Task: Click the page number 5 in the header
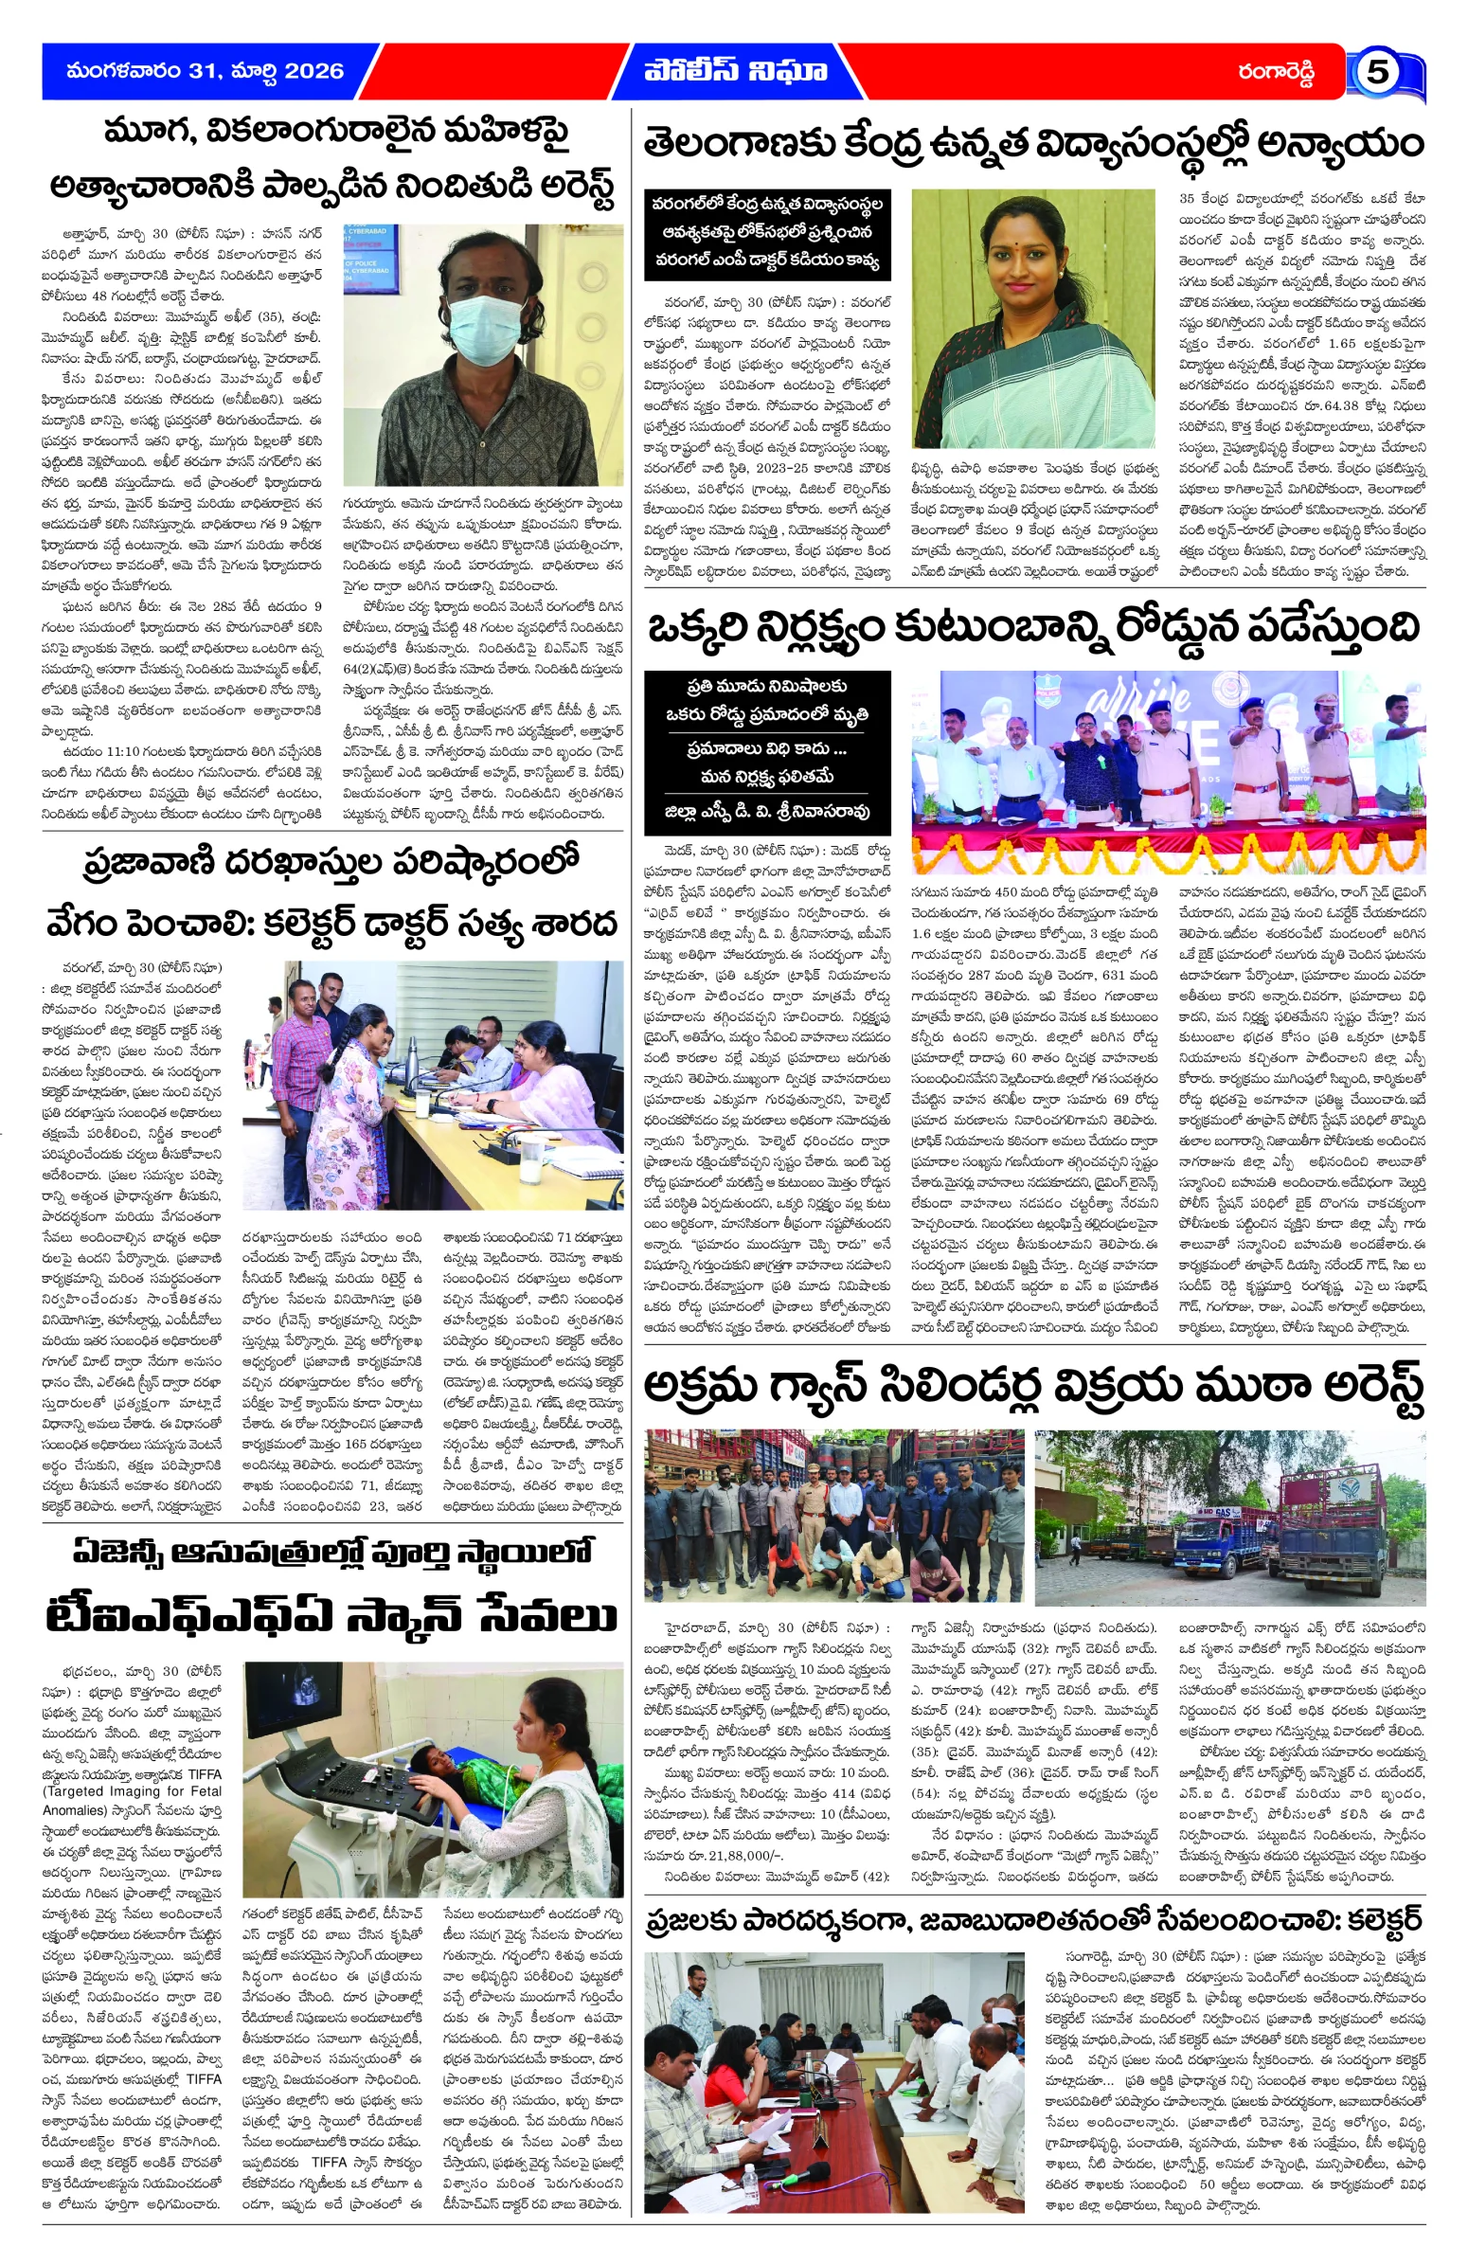[1376, 72]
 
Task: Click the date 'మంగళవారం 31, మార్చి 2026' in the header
[205, 71]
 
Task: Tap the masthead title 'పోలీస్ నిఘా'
[735, 71]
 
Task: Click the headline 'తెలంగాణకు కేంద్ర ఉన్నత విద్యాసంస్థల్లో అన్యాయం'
[1033, 145]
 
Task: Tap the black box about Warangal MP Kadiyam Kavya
[767, 232]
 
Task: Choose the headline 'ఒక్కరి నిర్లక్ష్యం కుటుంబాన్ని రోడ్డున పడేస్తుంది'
[1033, 629]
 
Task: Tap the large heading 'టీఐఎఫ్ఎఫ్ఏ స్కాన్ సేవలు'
[332, 1616]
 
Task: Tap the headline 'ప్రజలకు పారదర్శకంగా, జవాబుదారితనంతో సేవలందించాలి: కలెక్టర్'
[1033, 1920]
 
